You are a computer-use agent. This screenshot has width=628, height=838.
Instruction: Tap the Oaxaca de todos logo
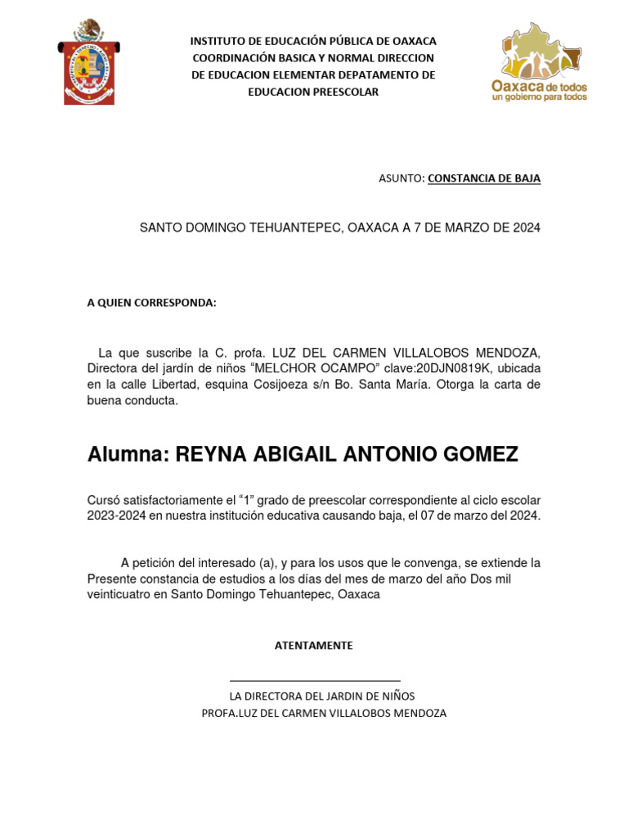tap(539, 63)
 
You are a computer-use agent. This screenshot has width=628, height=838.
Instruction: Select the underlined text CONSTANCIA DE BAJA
tap(484, 178)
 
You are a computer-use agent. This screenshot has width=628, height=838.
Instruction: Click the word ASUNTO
tap(401, 178)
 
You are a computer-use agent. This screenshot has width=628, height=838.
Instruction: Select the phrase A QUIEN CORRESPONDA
tap(152, 303)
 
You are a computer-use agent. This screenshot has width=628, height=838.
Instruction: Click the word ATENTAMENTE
tap(314, 646)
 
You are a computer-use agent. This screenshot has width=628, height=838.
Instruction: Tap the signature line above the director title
tap(315, 681)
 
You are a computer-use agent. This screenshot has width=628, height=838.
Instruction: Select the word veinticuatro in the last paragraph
tap(119, 594)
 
